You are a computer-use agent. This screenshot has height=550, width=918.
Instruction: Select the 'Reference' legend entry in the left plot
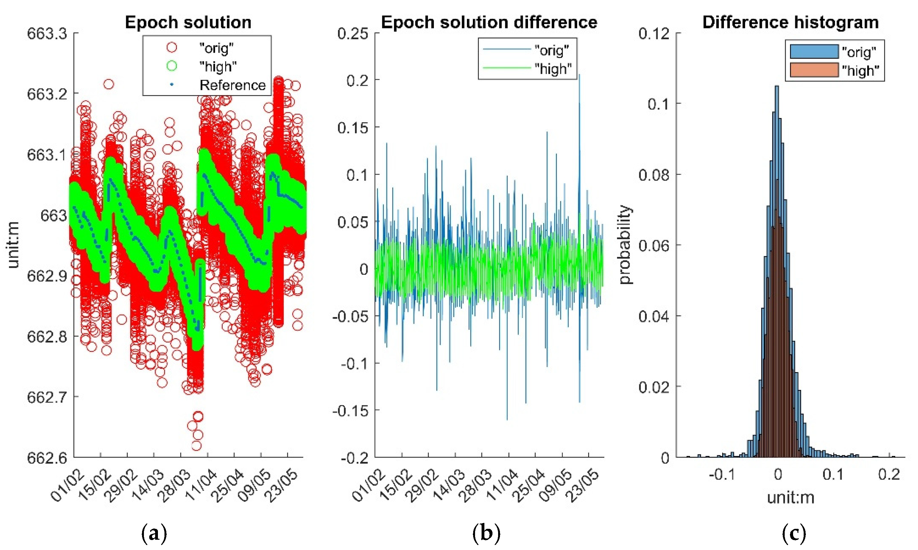pyautogui.click(x=232, y=85)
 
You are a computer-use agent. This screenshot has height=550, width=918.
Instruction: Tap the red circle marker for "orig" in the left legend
pyautogui.click(x=172, y=47)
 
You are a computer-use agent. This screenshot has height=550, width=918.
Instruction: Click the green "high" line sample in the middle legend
pyautogui.click(x=506, y=68)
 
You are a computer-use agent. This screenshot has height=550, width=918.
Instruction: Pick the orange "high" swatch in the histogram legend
pyautogui.click(x=814, y=70)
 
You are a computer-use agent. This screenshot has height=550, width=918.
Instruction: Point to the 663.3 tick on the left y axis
pyautogui.click(x=47, y=34)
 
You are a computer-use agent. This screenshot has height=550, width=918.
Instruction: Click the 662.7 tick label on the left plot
pyautogui.click(x=47, y=397)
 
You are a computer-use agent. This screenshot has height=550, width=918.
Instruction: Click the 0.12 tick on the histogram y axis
pyautogui.click(x=654, y=34)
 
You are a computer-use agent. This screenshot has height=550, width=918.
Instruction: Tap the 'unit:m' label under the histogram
pyautogui.click(x=791, y=498)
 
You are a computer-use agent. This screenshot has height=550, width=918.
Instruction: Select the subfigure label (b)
pyautogui.click(x=486, y=534)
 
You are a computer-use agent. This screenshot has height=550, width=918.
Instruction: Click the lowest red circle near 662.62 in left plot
pyautogui.click(x=197, y=445)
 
